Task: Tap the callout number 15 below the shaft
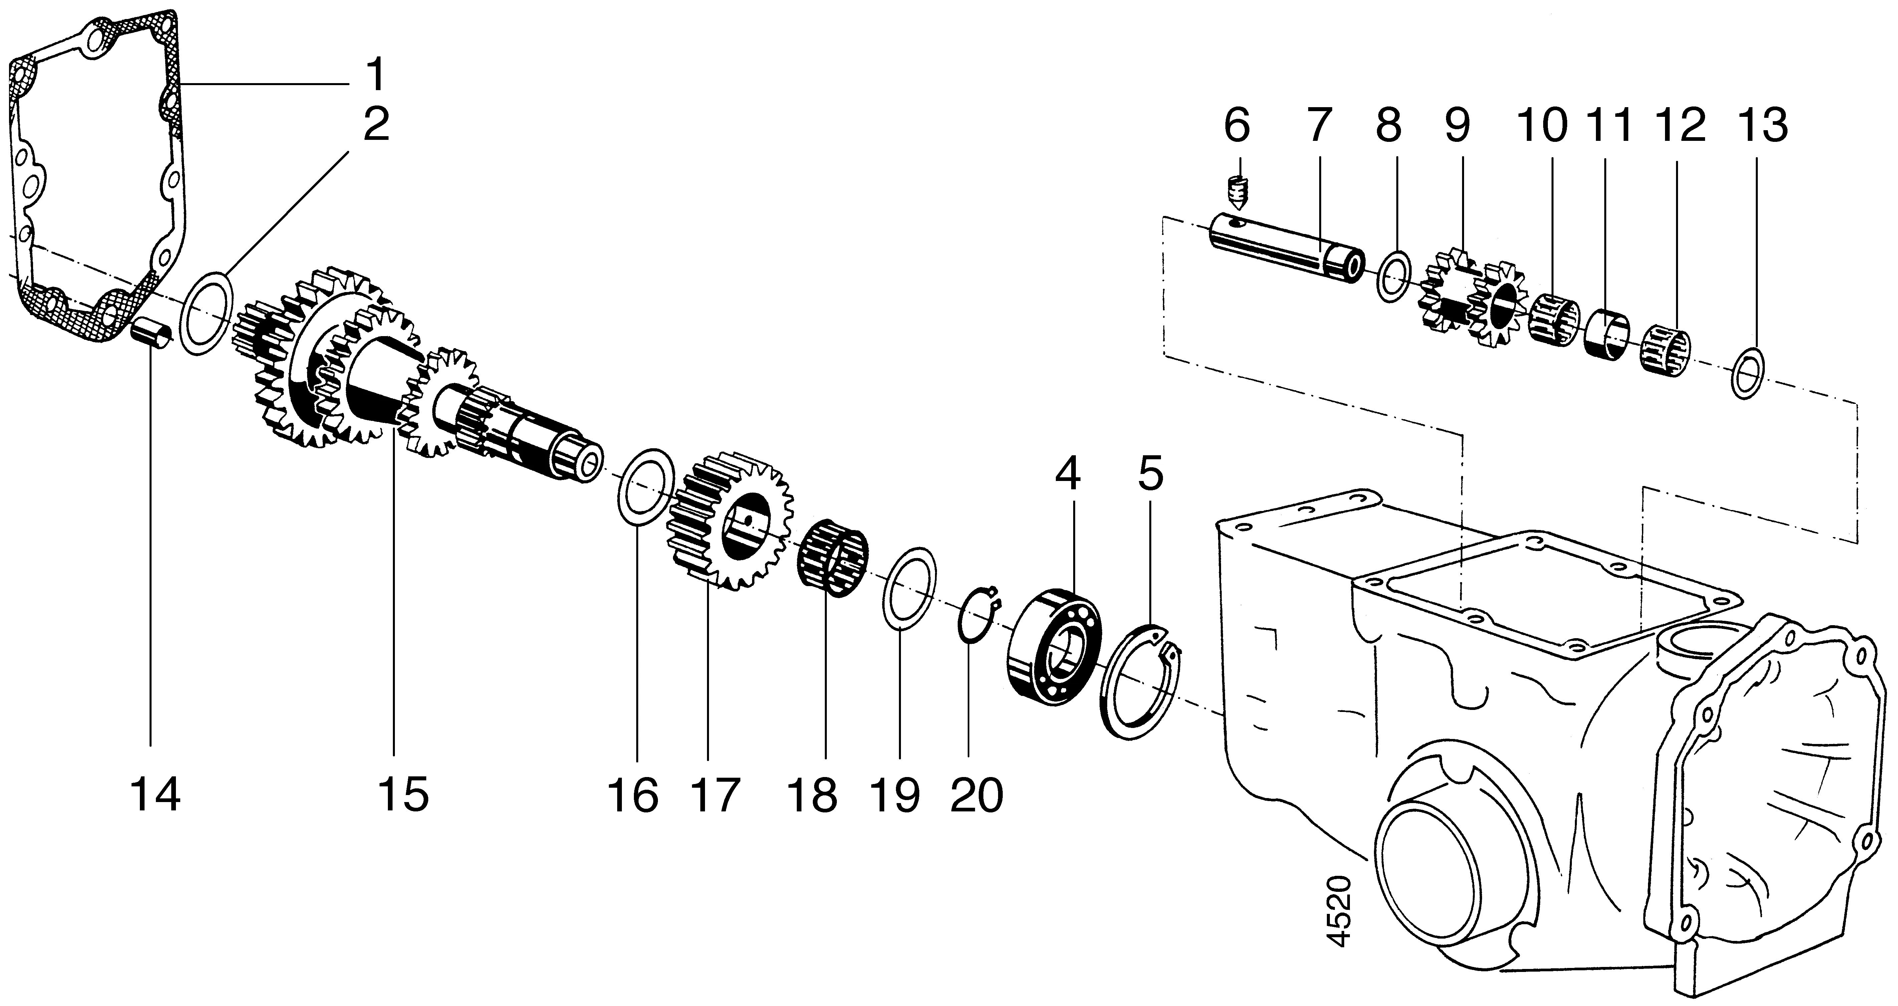pos(403,795)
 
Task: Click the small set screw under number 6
pos(1238,194)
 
